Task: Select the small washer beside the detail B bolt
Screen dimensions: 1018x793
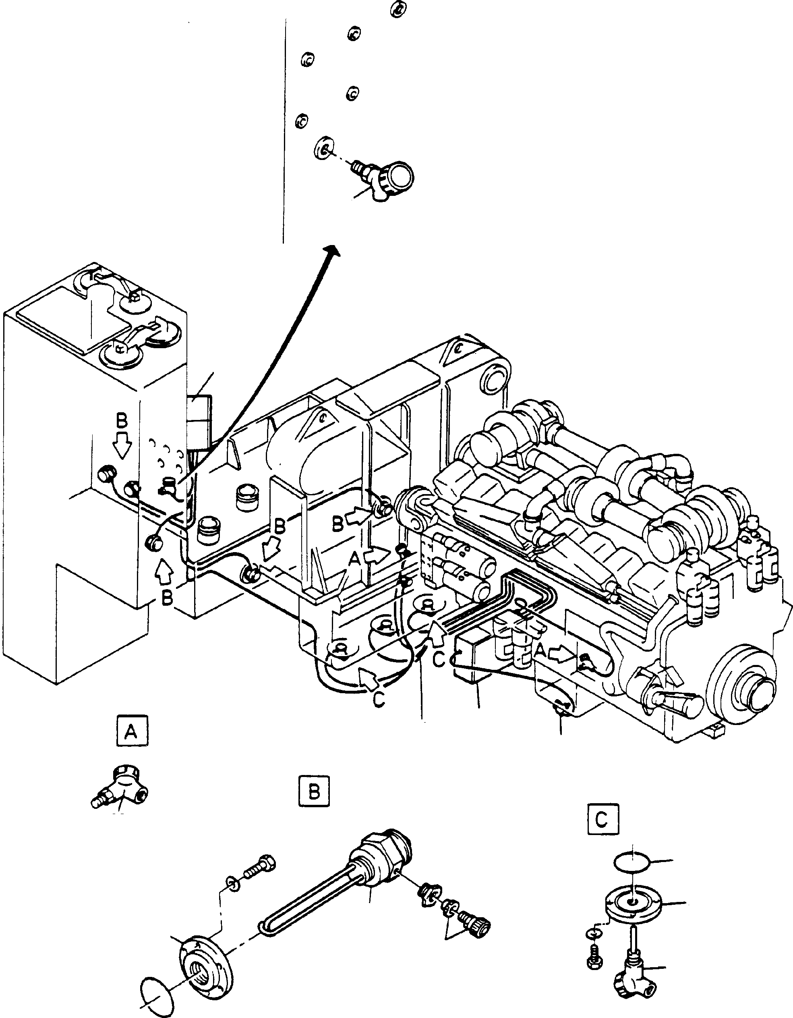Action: coord(232,883)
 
